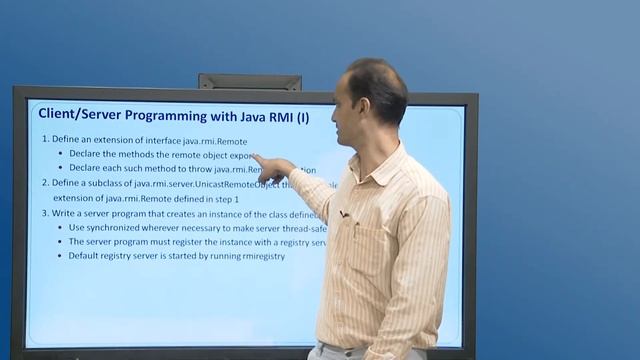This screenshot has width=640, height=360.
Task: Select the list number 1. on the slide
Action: pos(45,140)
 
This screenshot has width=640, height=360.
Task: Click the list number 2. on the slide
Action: pos(45,183)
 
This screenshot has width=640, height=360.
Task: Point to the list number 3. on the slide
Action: pos(45,213)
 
